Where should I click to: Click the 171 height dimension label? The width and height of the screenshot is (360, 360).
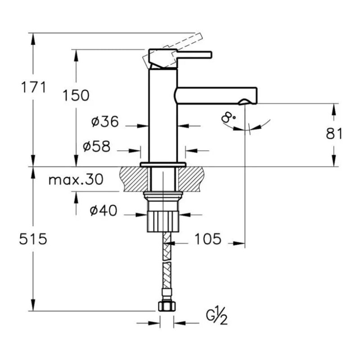pos(33,87)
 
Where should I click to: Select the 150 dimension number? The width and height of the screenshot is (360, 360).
pos(76,95)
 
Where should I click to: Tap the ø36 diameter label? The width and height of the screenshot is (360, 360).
pos(105,121)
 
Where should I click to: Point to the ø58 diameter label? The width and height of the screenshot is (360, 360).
pos(97,146)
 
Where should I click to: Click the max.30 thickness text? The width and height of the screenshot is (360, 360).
pos(76,180)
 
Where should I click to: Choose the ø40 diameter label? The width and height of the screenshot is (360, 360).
pos(103,211)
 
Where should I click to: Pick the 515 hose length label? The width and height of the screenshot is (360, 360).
pos(33,239)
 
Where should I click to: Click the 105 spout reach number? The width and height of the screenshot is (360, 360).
pos(208,239)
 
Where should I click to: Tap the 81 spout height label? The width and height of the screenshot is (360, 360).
pos(334,134)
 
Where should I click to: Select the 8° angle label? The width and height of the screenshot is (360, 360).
pos(228,118)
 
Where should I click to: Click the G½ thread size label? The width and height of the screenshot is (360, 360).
pos(216,317)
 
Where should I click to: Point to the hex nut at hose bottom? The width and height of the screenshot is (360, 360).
pos(167,306)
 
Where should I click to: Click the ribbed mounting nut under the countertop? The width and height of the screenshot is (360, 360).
pos(163,221)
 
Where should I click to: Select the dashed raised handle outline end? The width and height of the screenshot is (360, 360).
pos(199,37)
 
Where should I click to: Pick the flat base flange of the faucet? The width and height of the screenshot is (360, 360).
pos(163,164)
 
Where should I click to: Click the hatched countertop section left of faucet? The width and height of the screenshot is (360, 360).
pos(133,179)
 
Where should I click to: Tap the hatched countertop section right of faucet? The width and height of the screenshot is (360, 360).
pos(192,179)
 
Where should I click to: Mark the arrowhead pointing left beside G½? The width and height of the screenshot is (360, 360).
pos(180,323)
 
